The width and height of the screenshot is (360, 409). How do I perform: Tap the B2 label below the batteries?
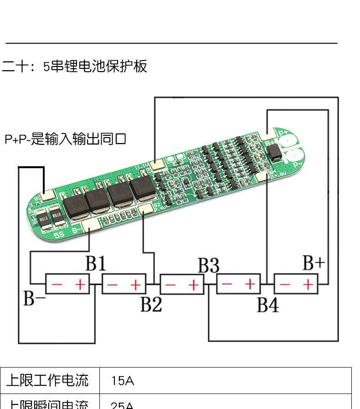tap(151, 304)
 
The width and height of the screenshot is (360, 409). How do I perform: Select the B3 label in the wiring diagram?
tap(208, 265)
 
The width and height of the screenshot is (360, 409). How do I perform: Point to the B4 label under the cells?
tap(267, 305)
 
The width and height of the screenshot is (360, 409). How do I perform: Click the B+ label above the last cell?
tap(314, 263)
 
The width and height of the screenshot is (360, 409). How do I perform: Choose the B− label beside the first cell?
tap(34, 299)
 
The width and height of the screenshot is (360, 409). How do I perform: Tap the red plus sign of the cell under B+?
tap(309, 285)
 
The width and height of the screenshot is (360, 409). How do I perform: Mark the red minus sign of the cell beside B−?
tap(57, 285)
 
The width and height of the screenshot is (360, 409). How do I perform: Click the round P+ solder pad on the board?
tap(288, 141)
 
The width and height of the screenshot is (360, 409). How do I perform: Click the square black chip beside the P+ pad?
tap(275, 152)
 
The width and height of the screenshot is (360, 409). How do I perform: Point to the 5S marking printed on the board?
tap(59, 235)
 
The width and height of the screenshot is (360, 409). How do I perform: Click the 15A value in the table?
tap(123, 381)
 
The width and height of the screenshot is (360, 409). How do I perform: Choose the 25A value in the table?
tap(123, 405)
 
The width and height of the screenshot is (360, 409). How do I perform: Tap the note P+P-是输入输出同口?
tap(65, 139)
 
